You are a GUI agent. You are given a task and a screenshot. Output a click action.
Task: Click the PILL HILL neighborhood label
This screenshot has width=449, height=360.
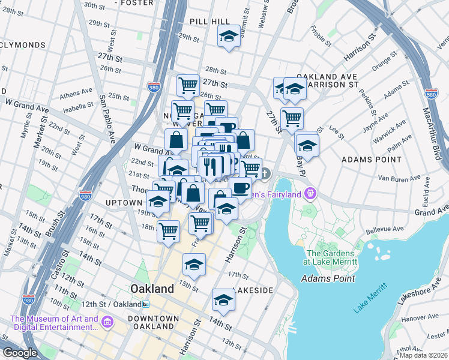click(209, 21)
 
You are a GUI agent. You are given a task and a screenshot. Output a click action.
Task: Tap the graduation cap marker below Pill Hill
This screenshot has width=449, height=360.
click(228, 37)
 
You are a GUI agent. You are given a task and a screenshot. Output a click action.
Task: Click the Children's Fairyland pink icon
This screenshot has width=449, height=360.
click(310, 193)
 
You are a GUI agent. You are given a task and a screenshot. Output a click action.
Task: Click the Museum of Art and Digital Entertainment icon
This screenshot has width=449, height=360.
click(107, 324)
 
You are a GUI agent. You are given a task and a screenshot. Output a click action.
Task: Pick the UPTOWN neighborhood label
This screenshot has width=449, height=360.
click(124, 203)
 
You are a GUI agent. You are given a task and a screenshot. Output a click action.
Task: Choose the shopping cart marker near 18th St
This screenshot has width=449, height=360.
click(169, 229)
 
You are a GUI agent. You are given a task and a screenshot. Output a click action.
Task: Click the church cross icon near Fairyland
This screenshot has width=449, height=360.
click(265, 174)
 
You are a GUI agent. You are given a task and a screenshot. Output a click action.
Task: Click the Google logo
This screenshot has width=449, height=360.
click(20, 353)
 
